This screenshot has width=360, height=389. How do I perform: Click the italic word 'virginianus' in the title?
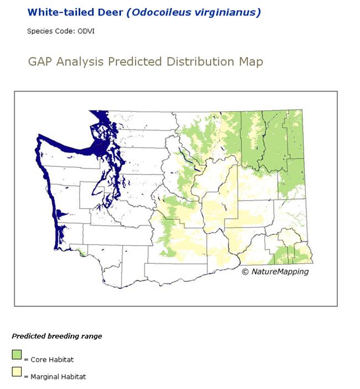pos(226,12)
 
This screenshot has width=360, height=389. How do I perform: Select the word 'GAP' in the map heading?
pos(40,61)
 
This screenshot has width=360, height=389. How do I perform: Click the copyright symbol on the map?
pos(246,271)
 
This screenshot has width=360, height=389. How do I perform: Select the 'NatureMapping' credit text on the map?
pos(280,271)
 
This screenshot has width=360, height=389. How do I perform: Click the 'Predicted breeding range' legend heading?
pos(57,336)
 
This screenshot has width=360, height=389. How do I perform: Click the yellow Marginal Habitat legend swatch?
pos(17,372)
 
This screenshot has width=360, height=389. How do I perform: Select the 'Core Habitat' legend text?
pos(52,360)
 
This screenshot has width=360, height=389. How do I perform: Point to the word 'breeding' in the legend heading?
pos(65,336)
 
